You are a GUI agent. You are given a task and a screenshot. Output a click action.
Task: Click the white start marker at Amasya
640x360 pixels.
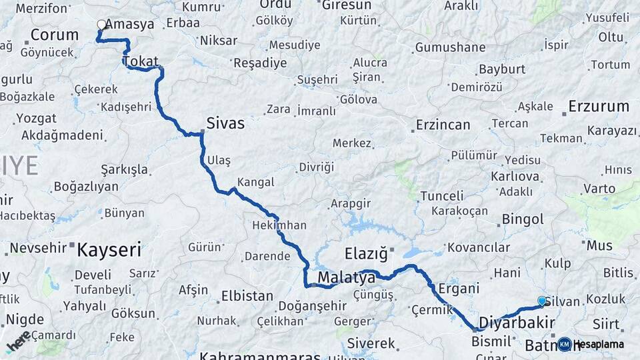(101, 25)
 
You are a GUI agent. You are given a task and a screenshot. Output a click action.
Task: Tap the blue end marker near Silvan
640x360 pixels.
(541, 301)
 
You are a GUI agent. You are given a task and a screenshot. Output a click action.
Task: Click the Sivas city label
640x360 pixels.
(225, 123)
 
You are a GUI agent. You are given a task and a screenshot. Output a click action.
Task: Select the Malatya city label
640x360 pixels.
(347, 277)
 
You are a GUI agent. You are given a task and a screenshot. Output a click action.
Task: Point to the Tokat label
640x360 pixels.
(140, 62)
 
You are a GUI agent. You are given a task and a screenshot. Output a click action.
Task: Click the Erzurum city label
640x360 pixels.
(599, 106)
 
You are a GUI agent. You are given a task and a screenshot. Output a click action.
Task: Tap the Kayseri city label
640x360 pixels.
(109, 250)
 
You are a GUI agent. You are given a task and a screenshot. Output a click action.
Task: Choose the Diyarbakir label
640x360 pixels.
(517, 323)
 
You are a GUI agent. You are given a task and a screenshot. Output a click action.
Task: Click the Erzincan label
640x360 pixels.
(443, 125)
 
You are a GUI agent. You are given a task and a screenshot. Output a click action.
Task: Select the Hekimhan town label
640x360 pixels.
(279, 225)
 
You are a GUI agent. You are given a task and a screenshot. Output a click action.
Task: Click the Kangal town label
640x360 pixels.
(255, 182)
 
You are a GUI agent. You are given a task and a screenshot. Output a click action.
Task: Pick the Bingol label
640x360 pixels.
(523, 219)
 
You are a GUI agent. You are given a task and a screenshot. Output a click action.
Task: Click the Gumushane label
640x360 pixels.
(450, 47)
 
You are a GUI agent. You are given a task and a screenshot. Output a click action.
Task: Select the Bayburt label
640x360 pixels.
(502, 69)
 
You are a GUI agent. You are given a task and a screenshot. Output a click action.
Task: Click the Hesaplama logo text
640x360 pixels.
(599, 344)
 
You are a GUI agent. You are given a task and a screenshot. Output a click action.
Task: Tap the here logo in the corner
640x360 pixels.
(18, 341)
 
